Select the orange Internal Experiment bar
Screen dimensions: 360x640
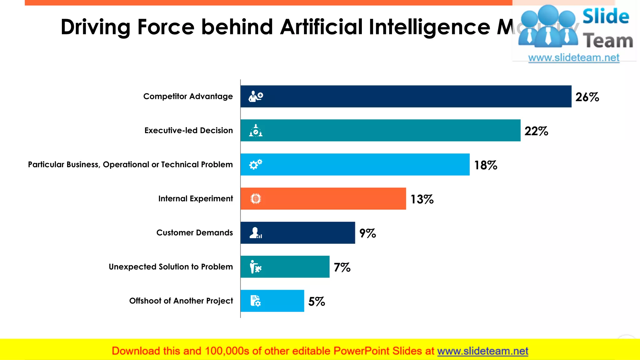click(x=323, y=199)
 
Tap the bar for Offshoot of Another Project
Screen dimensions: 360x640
click(x=272, y=301)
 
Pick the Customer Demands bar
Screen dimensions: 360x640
click(x=297, y=233)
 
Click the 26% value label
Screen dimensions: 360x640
click(x=587, y=97)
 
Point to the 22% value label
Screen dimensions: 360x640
click(x=536, y=131)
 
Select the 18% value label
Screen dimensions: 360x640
click(x=486, y=165)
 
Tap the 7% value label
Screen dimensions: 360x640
click(x=342, y=267)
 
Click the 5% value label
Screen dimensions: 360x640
click(x=317, y=302)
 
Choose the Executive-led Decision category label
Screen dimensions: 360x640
click(x=188, y=130)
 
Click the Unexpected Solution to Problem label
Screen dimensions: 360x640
click(x=171, y=267)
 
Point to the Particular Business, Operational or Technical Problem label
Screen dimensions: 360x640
click(x=130, y=164)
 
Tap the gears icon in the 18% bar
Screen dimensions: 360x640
click(x=256, y=164)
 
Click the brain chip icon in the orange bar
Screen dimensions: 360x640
click(x=256, y=199)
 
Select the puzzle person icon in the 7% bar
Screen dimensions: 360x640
click(x=255, y=267)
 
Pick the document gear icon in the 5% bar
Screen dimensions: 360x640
click(x=255, y=301)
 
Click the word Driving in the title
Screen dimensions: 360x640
click(x=95, y=27)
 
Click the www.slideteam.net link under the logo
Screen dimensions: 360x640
click(x=574, y=58)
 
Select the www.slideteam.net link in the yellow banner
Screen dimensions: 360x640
click(x=482, y=351)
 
